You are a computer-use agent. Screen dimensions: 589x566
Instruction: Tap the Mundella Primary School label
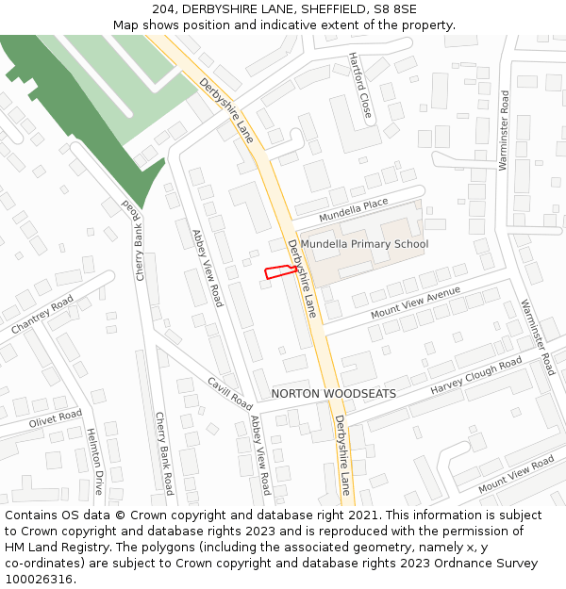point(364,244)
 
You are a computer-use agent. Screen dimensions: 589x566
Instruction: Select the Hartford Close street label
point(359,86)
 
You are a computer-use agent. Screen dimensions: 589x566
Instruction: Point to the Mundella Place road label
point(354,210)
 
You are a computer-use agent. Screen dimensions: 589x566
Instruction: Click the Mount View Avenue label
point(415,303)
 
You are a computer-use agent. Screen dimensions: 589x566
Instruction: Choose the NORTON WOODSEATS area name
point(333,393)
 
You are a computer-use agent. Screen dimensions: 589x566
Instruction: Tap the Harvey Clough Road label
point(476,377)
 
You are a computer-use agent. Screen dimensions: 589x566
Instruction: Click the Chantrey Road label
point(42,315)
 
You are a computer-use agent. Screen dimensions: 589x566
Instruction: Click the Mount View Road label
point(516,474)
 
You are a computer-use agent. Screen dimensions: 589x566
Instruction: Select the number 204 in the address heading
point(163,8)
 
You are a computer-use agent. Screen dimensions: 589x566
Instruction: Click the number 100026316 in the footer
point(39,580)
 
